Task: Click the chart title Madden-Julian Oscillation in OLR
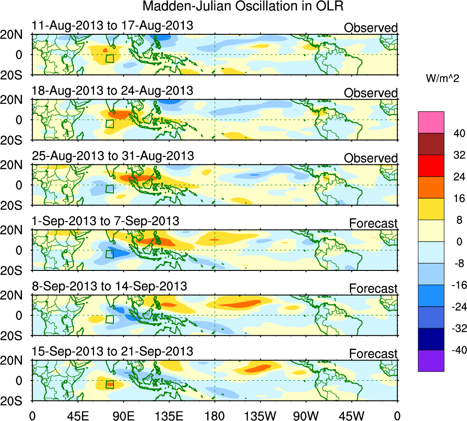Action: click(x=242, y=6)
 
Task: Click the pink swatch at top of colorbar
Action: click(x=431, y=122)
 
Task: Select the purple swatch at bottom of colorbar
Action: click(x=431, y=361)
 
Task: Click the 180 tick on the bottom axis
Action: click(x=215, y=415)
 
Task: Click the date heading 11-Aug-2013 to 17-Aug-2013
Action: click(x=113, y=26)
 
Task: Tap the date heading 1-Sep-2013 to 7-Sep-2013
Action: click(x=105, y=221)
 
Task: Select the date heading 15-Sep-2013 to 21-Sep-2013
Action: click(x=113, y=351)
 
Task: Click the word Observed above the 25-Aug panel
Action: click(x=370, y=158)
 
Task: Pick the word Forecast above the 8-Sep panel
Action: click(x=373, y=289)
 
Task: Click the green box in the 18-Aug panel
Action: click(x=109, y=124)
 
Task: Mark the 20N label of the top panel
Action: click(x=15, y=35)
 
